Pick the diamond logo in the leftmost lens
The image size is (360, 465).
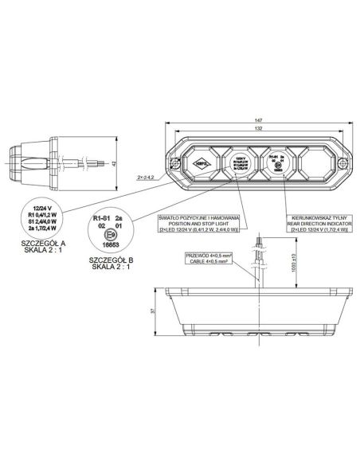click(202, 166)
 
